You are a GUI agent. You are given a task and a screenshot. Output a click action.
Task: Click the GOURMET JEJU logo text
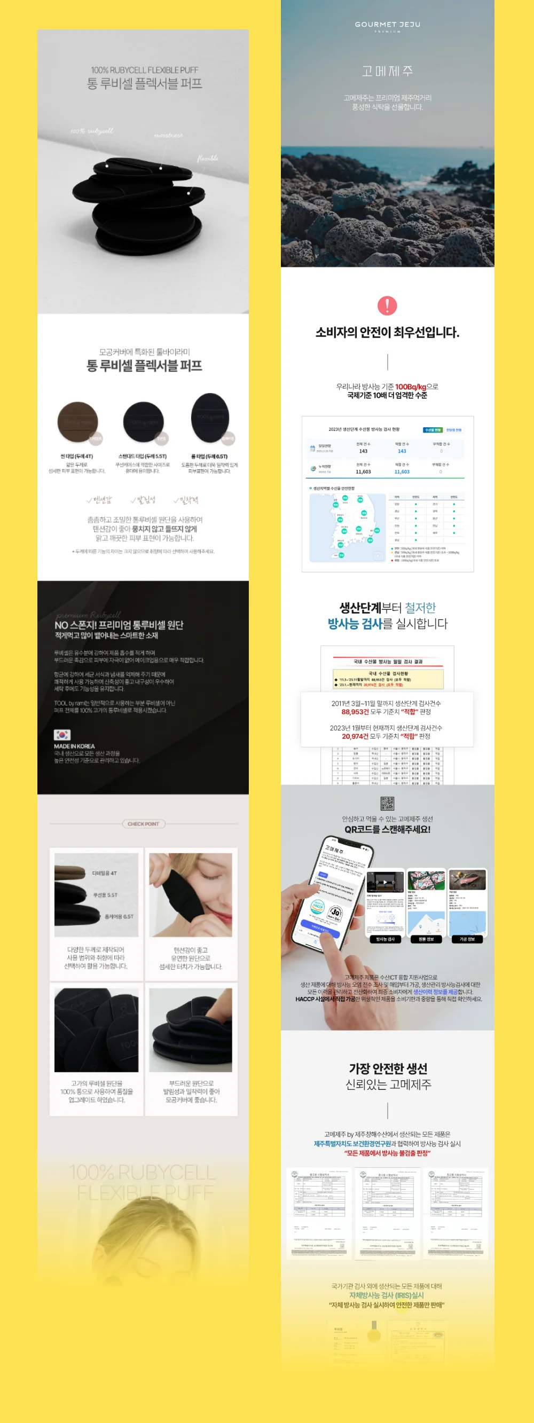[x=387, y=25]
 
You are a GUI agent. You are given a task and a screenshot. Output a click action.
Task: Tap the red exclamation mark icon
[x=387, y=305]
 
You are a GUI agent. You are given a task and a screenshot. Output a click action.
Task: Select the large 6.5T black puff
[x=210, y=418]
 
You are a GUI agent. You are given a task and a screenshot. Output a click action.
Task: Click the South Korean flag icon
[x=62, y=735]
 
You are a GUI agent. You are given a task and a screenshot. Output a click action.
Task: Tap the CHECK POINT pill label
[x=144, y=824]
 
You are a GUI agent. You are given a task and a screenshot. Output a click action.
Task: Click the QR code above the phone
[x=387, y=803]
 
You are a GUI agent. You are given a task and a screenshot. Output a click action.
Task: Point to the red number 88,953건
[x=355, y=712]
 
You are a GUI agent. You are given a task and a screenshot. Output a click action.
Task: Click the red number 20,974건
[x=355, y=736]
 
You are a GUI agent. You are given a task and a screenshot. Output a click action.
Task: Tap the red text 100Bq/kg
[x=410, y=387]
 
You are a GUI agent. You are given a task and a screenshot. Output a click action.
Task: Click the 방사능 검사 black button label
[x=386, y=939]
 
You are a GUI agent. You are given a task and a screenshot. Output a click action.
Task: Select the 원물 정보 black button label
[x=426, y=939]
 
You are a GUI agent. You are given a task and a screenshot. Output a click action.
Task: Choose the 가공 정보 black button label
[x=467, y=939]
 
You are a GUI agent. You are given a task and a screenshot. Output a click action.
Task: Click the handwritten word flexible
[x=207, y=159]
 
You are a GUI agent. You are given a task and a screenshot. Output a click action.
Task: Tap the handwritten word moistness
[x=168, y=135]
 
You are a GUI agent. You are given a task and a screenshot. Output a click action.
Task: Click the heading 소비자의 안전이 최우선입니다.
[x=387, y=333]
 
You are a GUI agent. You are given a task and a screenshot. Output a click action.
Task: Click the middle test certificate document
[x=387, y=1213]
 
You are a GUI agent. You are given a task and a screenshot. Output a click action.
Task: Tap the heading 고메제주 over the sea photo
[x=387, y=71]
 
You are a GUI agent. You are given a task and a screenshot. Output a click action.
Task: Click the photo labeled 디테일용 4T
[x=97, y=895]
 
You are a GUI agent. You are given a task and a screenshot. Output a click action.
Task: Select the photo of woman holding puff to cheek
[x=191, y=895]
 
